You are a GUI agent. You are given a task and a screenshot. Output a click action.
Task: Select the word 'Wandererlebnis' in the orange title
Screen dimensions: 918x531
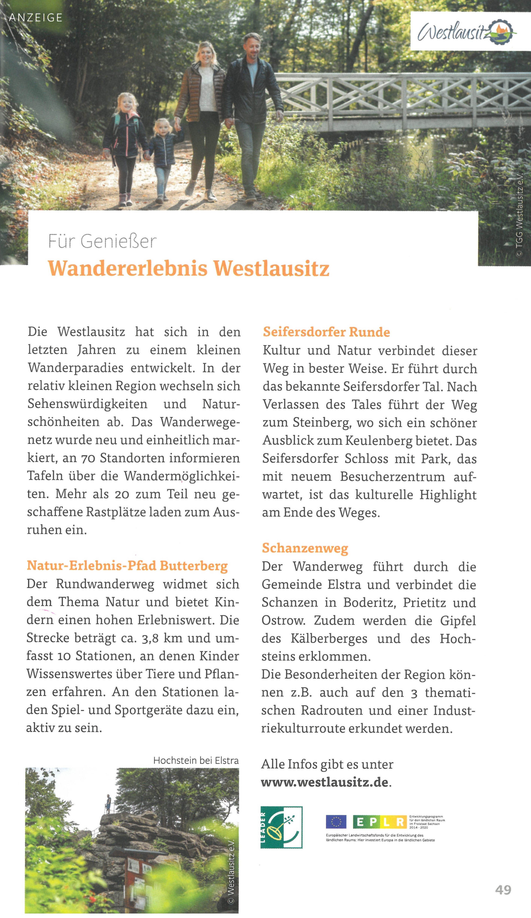(127, 268)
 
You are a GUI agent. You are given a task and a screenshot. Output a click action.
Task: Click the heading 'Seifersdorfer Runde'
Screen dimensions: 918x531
(326, 332)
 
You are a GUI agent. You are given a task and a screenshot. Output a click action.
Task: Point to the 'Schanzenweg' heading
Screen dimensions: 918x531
(305, 548)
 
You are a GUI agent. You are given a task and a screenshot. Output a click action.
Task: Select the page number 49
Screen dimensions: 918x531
(503, 890)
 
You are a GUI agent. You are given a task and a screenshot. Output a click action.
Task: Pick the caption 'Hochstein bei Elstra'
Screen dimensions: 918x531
(196, 761)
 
